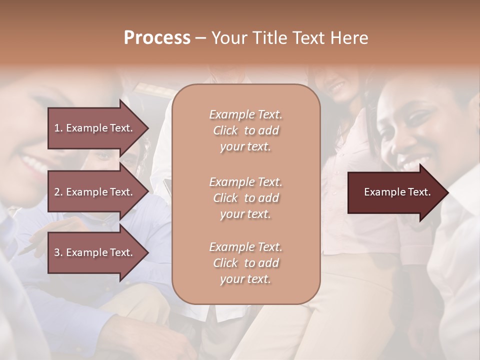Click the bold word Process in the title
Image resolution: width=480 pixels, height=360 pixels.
pyautogui.click(x=157, y=37)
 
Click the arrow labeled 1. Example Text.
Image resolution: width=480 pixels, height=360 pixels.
pyautogui.click(x=95, y=128)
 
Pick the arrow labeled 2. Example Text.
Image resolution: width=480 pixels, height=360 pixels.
pyautogui.click(x=95, y=192)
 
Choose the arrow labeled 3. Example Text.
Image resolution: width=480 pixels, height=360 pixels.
pyautogui.click(x=95, y=252)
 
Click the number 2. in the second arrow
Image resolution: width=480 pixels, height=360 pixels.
pyautogui.click(x=58, y=192)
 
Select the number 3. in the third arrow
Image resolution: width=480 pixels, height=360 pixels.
pyautogui.click(x=58, y=252)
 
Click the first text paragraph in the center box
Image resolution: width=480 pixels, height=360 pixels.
pyautogui.click(x=245, y=130)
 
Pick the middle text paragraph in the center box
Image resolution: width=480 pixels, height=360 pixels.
pyautogui.click(x=245, y=197)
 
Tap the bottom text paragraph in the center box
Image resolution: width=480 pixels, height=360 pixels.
pyautogui.click(x=245, y=263)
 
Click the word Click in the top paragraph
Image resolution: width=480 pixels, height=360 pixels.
pyautogui.click(x=225, y=130)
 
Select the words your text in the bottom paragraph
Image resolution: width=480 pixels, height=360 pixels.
pyautogui.click(x=245, y=279)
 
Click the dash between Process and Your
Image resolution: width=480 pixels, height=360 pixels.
pyautogui.click(x=201, y=38)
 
